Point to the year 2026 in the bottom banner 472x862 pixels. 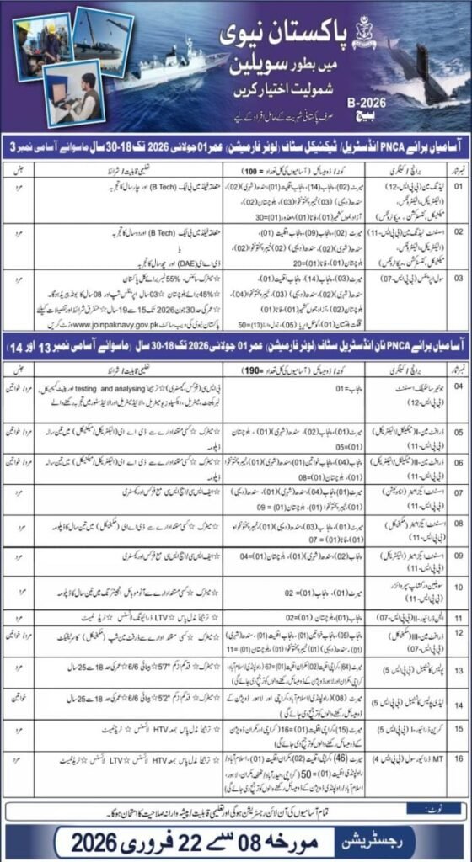pyautogui.click(x=93, y=840)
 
